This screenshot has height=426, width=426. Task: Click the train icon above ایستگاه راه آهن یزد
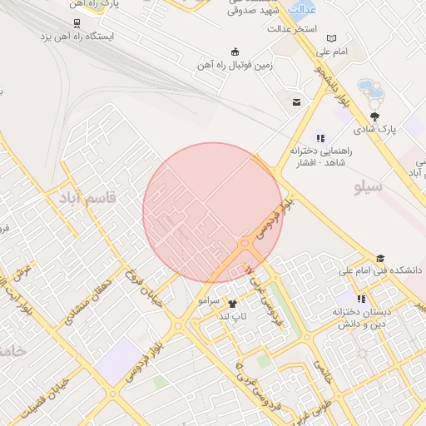(77, 23)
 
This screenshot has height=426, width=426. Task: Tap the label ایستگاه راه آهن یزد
(77, 37)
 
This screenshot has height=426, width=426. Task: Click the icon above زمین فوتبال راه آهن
(235, 51)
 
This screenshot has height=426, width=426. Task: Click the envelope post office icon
(296, 102)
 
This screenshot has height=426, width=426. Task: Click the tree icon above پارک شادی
(376, 116)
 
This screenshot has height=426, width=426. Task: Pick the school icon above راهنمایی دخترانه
(319, 138)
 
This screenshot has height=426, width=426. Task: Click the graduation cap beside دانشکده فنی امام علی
(381, 259)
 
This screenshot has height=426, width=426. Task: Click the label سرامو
(208, 299)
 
